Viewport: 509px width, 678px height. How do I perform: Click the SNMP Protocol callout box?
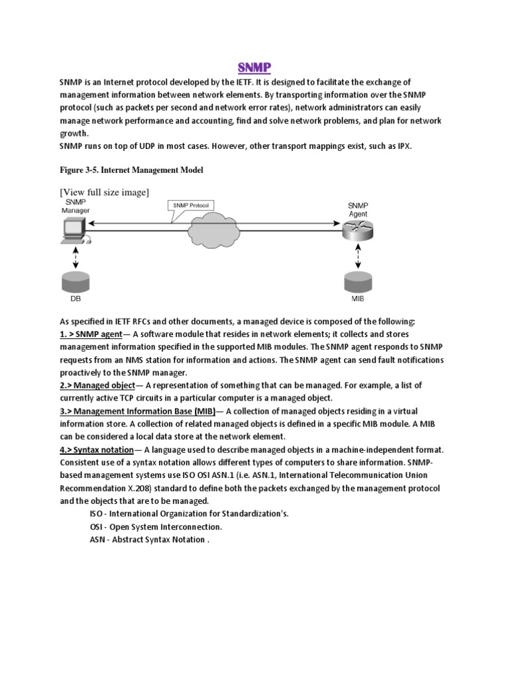tap(190, 206)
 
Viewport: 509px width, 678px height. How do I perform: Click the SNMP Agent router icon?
tap(358, 231)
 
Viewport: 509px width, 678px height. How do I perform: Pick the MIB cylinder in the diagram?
tap(358, 283)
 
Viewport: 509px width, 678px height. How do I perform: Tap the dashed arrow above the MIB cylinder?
tap(358, 258)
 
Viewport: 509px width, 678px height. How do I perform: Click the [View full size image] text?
tap(104, 192)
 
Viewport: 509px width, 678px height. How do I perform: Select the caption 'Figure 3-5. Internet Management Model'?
tap(131, 170)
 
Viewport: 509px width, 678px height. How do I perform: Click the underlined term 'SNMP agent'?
tap(99, 334)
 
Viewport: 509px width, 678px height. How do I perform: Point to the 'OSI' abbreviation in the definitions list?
tap(97, 526)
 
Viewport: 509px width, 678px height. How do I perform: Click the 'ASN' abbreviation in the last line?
tap(97, 539)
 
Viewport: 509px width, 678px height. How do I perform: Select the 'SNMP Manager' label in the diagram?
tap(75, 206)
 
